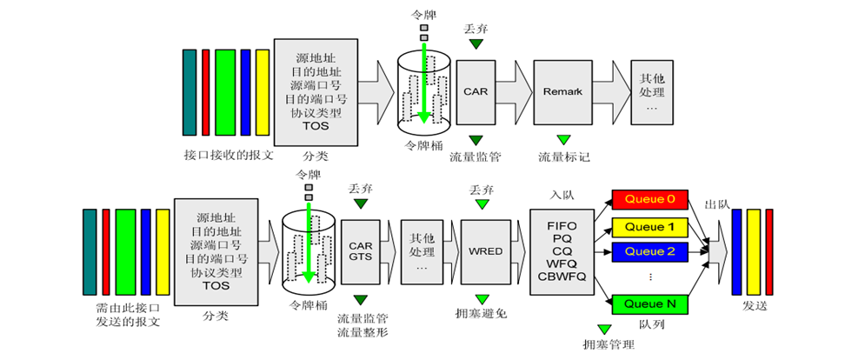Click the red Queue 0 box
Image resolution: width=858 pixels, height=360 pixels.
pyautogui.click(x=650, y=199)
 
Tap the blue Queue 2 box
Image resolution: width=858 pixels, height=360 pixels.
pyautogui.click(x=650, y=252)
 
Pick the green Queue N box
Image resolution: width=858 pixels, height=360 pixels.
pyautogui.click(x=650, y=303)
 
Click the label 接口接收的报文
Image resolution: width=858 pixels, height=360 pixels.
pyautogui.click(x=229, y=155)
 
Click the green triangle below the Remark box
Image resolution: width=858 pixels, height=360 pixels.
pyautogui.click(x=563, y=139)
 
